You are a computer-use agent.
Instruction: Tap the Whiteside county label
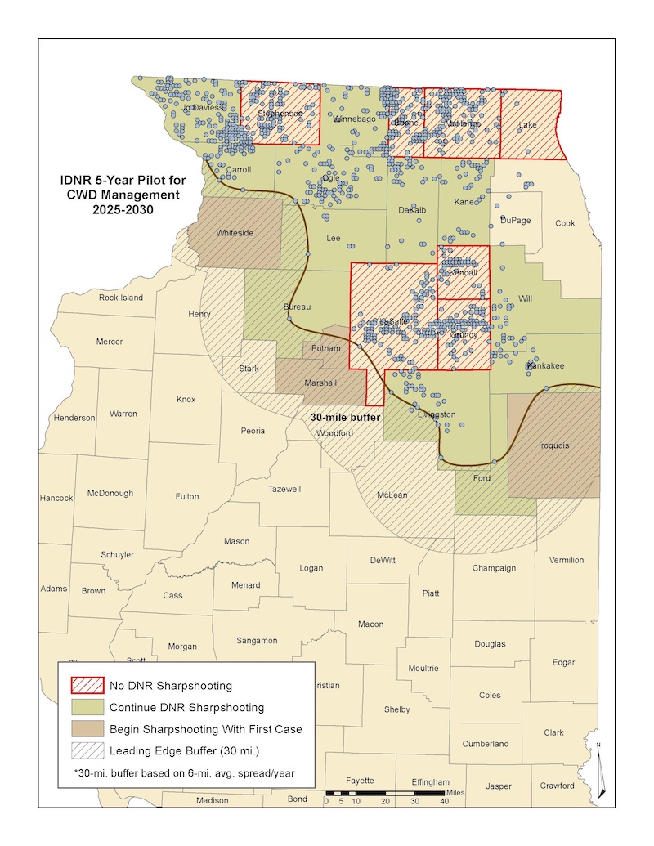[x=235, y=233]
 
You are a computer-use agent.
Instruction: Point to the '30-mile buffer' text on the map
[x=347, y=417]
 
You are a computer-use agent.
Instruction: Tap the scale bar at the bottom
[x=384, y=793]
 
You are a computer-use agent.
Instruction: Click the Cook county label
[x=565, y=223]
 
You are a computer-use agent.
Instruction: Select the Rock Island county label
[x=121, y=298]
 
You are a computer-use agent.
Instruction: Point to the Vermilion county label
[x=566, y=560]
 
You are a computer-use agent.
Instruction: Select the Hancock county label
[x=56, y=498]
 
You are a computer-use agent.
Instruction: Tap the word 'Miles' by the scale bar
[x=456, y=793]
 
